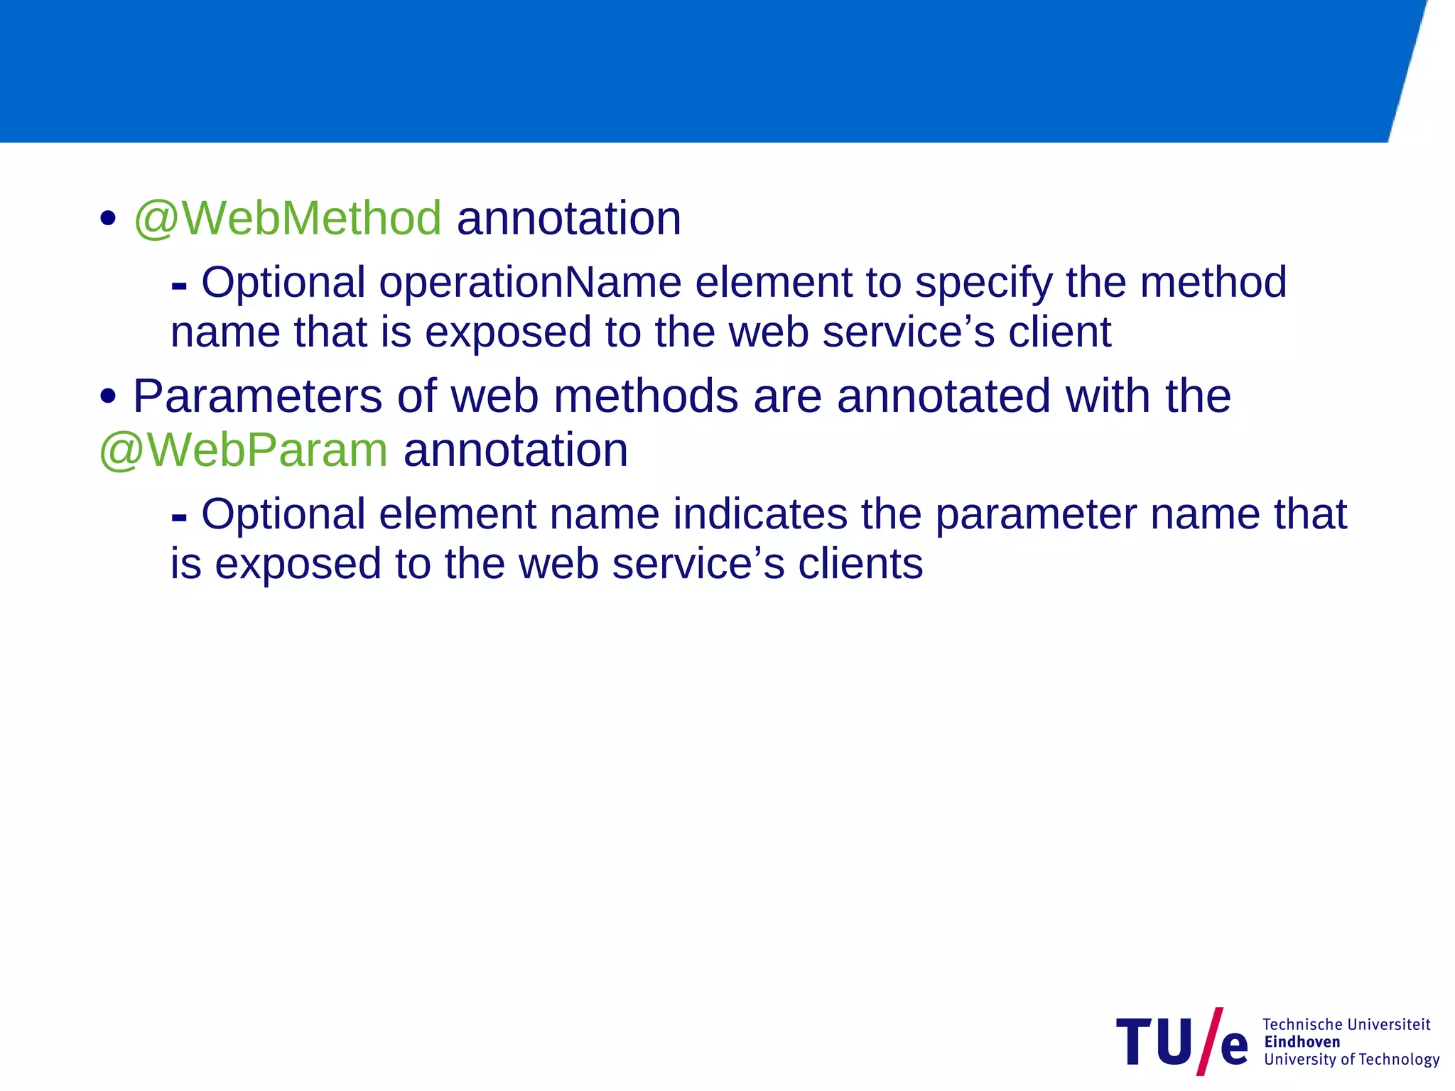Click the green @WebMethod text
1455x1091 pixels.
(x=288, y=218)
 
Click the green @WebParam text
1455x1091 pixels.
(x=244, y=450)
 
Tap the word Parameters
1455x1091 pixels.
(x=257, y=396)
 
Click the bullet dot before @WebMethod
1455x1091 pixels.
(x=108, y=218)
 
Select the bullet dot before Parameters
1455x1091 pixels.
(x=108, y=396)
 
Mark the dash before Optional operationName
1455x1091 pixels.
(x=179, y=287)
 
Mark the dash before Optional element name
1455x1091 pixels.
(x=179, y=519)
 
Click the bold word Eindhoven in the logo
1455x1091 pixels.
(x=1302, y=1042)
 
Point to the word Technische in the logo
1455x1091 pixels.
(x=1302, y=1024)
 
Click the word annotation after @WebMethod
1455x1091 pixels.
(x=568, y=218)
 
